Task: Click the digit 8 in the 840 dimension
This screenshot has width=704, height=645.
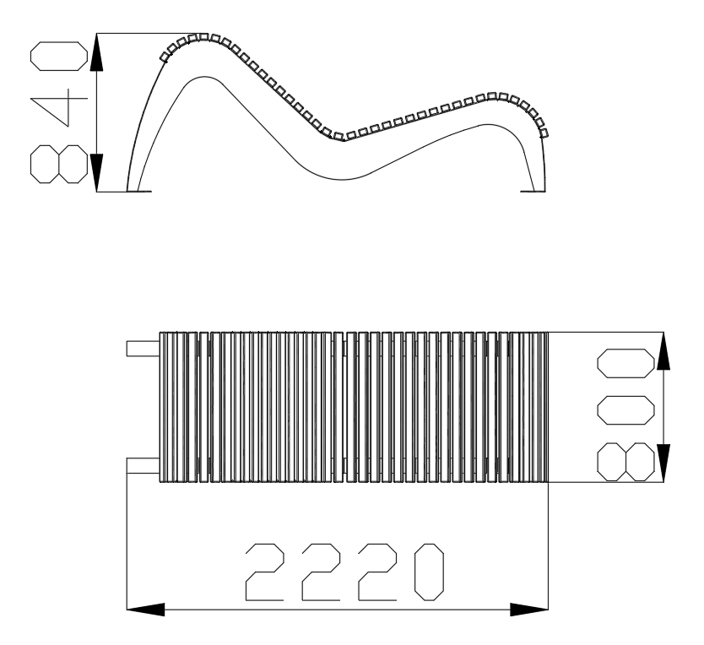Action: click(59, 164)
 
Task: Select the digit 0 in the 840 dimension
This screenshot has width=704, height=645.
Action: click(59, 57)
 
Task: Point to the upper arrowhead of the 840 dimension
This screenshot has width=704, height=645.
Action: click(96, 52)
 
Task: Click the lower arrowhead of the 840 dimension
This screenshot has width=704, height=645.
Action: click(96, 173)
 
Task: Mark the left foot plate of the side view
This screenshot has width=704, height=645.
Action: click(139, 192)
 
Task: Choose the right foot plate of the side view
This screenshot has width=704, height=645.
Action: click(533, 192)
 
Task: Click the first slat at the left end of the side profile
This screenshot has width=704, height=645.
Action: click(165, 57)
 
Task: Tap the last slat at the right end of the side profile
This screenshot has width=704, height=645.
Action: click(544, 133)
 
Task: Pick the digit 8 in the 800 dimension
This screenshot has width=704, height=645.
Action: click(625, 462)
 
